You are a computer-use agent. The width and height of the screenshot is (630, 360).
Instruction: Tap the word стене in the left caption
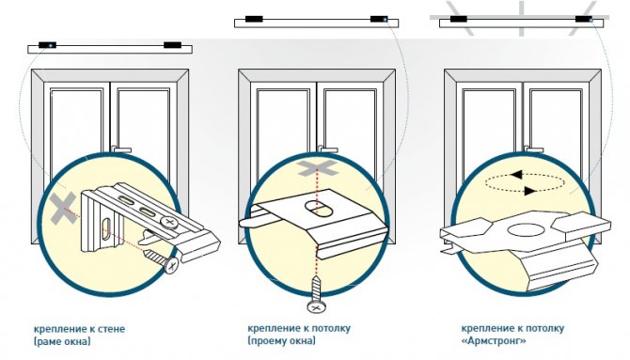pos(112,329)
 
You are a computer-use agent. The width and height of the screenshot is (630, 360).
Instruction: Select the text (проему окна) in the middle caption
pos(282,341)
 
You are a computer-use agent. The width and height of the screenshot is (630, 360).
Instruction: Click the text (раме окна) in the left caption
pos(62,341)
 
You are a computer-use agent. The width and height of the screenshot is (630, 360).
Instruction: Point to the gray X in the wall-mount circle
pos(64,208)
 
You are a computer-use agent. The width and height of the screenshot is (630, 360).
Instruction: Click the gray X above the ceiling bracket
pos(317,167)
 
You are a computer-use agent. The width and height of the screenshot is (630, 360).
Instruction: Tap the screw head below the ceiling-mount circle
pos(317,307)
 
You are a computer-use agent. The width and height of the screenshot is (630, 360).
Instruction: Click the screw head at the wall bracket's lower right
pos(172,265)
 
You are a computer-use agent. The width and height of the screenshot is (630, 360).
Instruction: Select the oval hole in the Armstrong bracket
pos(526,230)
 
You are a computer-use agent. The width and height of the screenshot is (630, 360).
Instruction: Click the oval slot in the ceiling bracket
pos(317,208)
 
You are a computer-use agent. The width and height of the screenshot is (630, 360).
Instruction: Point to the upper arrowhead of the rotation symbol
pos(517,175)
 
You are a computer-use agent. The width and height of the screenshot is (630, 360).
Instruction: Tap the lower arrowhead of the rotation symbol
pos(530,191)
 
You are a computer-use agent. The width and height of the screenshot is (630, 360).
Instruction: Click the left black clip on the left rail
pos(47,45)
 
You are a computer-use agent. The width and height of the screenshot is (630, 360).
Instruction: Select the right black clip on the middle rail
pos(379,19)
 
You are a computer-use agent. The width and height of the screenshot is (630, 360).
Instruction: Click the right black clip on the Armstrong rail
pos(584,19)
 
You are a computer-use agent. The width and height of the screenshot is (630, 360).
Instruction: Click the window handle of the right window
pos(533,149)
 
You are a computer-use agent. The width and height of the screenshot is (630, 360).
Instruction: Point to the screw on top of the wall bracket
pos(168,222)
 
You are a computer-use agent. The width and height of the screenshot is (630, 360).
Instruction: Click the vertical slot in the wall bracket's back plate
pos(106,228)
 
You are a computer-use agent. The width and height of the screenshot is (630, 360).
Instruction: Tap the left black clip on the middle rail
pos(254,19)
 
